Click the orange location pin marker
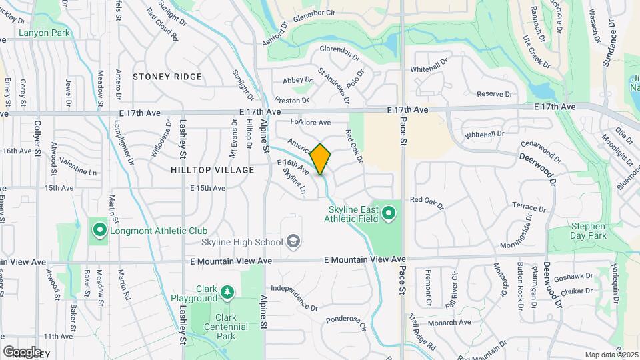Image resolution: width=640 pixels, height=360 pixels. [321, 159]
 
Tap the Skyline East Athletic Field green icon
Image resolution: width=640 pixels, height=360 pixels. [389, 214]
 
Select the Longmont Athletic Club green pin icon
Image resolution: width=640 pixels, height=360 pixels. [100, 231]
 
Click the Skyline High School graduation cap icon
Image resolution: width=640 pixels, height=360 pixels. [293, 241]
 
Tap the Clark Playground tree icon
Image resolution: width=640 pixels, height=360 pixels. [227, 292]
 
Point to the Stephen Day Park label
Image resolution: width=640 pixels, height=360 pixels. [588, 231]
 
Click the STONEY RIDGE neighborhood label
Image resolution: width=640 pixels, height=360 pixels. [167, 77]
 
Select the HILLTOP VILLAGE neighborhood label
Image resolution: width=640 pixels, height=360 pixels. [212, 170]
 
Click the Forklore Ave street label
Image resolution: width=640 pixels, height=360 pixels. [311, 123]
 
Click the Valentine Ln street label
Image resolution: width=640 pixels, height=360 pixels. [78, 167]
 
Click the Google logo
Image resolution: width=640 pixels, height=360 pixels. [22, 351]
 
